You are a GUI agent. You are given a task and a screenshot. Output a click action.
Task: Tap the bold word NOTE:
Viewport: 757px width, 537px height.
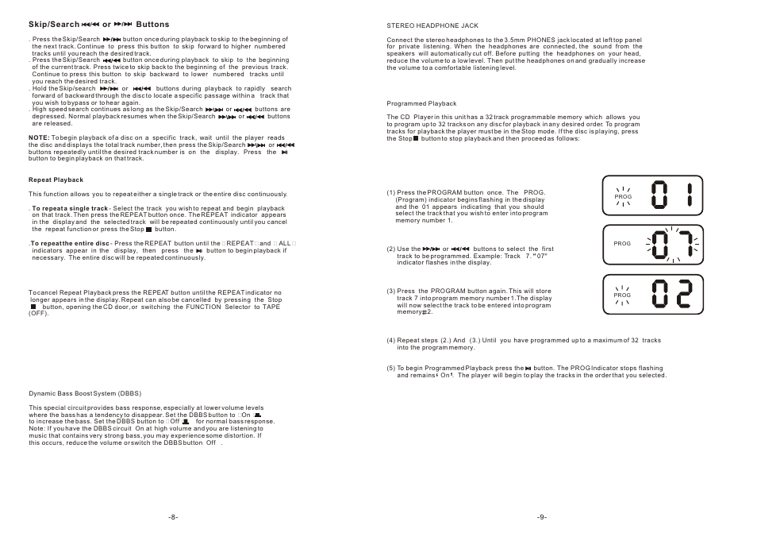(x=40, y=137)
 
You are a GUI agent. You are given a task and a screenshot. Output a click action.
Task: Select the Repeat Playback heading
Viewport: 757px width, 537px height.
(x=56, y=180)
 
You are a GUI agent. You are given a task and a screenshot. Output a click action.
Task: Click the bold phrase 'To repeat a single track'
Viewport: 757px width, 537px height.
(x=69, y=208)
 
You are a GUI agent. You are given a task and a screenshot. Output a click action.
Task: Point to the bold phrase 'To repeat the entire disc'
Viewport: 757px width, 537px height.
(x=70, y=242)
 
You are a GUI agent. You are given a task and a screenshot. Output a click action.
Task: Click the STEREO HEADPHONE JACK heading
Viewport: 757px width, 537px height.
(x=432, y=25)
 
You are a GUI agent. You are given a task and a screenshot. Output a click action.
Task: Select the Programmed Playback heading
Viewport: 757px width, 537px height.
(x=421, y=103)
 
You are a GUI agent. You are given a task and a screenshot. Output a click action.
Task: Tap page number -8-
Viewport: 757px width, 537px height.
(x=173, y=516)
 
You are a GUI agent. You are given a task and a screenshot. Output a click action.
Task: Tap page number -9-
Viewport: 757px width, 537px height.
(x=542, y=516)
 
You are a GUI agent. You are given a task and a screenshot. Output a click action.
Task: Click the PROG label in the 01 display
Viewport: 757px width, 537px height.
(x=622, y=196)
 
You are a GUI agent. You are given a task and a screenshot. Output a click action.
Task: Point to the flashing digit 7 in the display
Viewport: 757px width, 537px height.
(x=687, y=245)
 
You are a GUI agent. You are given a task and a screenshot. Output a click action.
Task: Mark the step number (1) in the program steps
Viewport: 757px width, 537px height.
(x=391, y=192)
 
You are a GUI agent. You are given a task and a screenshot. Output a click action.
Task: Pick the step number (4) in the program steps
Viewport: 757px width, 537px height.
(x=391, y=341)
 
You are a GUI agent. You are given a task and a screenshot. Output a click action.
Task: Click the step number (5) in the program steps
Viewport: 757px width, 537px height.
(x=391, y=369)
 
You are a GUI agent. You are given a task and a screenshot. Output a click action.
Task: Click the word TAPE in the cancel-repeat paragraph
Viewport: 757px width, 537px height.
(x=271, y=307)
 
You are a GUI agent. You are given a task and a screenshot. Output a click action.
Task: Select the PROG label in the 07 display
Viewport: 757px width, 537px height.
(x=622, y=244)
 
